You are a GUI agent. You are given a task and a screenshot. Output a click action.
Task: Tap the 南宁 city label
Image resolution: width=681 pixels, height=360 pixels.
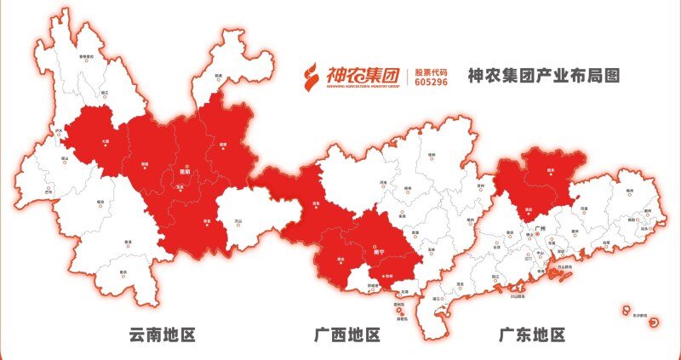pos(380,252)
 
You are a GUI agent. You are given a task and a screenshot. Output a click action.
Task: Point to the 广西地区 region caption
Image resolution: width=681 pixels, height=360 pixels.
pos(346,334)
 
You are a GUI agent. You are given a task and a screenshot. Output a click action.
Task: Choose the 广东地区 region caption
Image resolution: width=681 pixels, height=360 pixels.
pos(531,334)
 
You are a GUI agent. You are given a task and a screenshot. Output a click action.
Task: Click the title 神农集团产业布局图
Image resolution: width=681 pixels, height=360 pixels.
pos(544,76)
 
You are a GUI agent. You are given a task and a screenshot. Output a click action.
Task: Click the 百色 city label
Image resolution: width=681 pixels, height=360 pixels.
pos(317,204)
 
